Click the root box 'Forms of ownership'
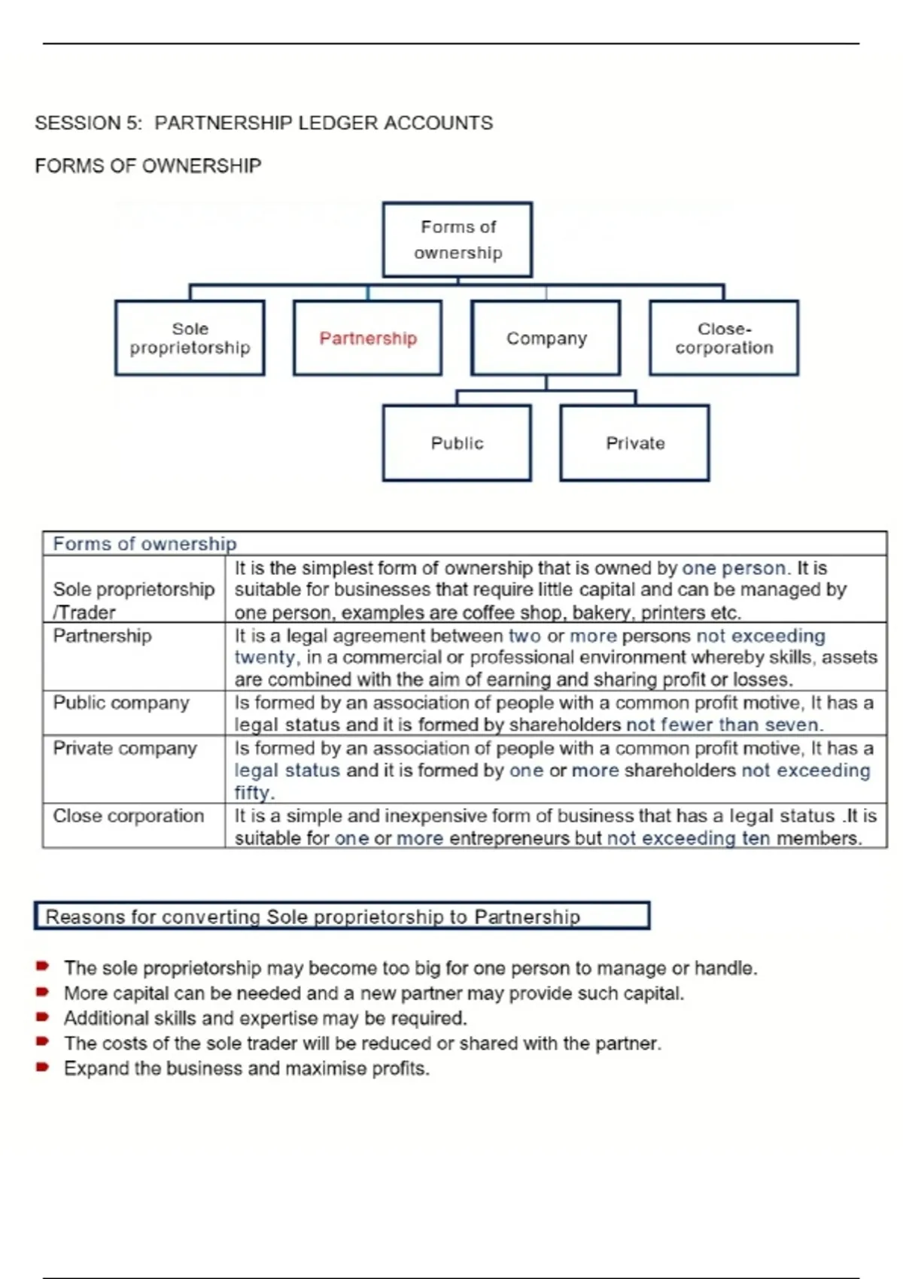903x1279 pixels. click(x=458, y=239)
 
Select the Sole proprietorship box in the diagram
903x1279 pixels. click(x=190, y=338)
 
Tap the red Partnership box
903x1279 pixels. click(x=367, y=338)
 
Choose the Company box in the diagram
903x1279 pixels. click(x=546, y=338)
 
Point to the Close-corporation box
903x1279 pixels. click(x=724, y=338)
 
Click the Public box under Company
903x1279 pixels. click(x=457, y=442)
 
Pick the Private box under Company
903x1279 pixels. click(x=634, y=442)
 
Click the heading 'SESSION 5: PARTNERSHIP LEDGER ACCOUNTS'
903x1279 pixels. click(x=263, y=123)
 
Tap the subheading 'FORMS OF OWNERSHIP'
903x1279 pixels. click(x=148, y=166)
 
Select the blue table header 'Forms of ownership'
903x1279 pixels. click(x=144, y=543)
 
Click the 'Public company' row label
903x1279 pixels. click(x=121, y=703)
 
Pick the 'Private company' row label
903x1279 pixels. click(x=125, y=749)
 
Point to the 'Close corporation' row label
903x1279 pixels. click(x=128, y=816)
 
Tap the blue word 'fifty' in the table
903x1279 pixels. click(x=252, y=793)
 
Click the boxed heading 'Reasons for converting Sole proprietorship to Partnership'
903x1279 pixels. click(x=312, y=916)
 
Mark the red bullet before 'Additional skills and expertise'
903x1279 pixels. click(x=43, y=1017)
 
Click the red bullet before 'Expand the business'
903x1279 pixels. click(x=43, y=1068)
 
